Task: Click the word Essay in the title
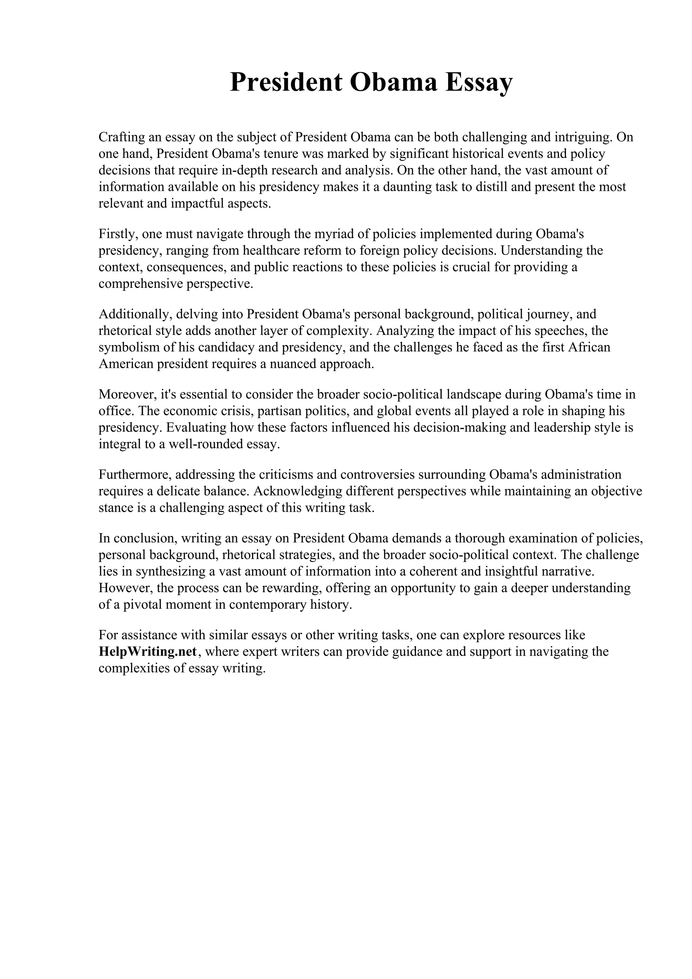pyautogui.click(x=479, y=82)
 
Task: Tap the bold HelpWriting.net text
pyautogui.click(x=148, y=652)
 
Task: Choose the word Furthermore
pyautogui.click(x=135, y=474)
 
